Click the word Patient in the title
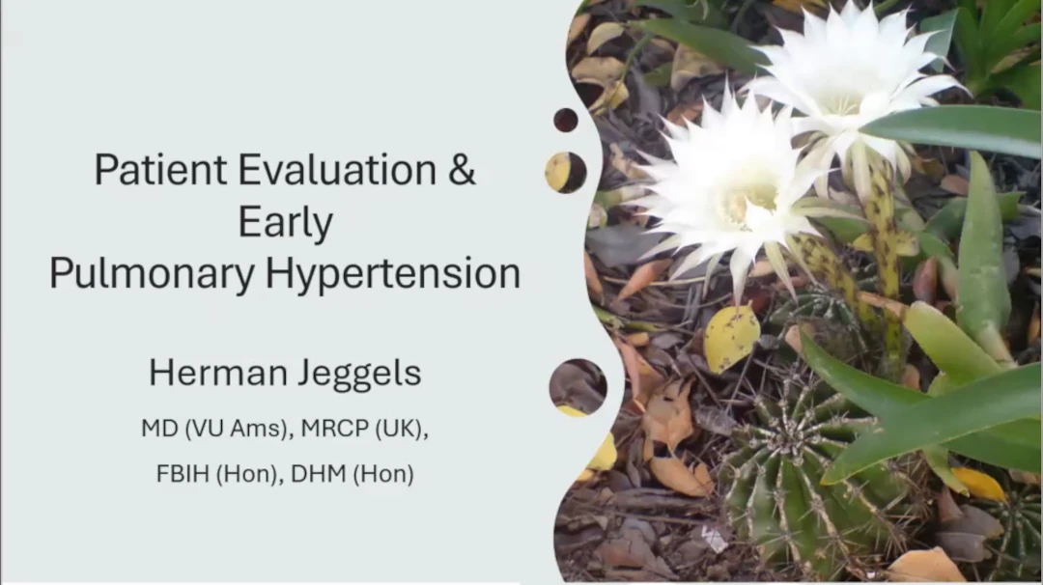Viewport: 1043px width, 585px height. pos(160,170)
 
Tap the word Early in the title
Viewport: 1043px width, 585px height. pos(285,223)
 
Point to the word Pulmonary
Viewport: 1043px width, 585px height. pos(152,273)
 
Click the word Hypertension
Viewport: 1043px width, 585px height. pos(392,273)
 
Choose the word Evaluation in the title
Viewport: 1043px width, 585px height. pos(337,170)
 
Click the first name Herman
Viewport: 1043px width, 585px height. pos(217,373)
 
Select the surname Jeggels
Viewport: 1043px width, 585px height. pos(359,374)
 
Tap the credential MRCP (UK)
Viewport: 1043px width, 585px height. pos(364,429)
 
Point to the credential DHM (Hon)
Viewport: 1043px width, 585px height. pos(352,474)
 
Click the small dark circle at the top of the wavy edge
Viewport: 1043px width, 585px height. pos(565,121)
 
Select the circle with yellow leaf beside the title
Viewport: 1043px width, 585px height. pos(566,173)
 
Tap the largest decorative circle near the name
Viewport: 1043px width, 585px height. pos(578,387)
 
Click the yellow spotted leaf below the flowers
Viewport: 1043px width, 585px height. pos(732,338)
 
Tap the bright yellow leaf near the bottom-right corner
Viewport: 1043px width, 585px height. pos(977,484)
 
